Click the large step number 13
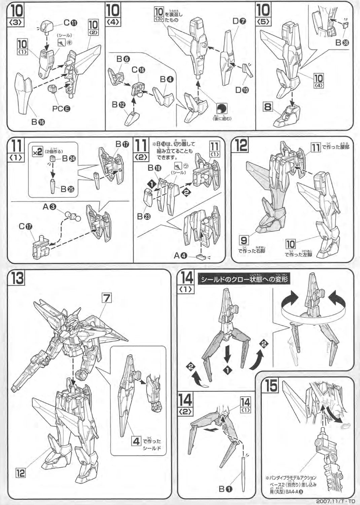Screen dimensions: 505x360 (x=17, y=279)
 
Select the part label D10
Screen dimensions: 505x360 (x=243, y=90)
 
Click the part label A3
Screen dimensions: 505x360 (x=49, y=207)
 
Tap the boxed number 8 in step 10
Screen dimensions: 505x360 (x=267, y=108)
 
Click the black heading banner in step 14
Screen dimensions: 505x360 (x=245, y=279)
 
